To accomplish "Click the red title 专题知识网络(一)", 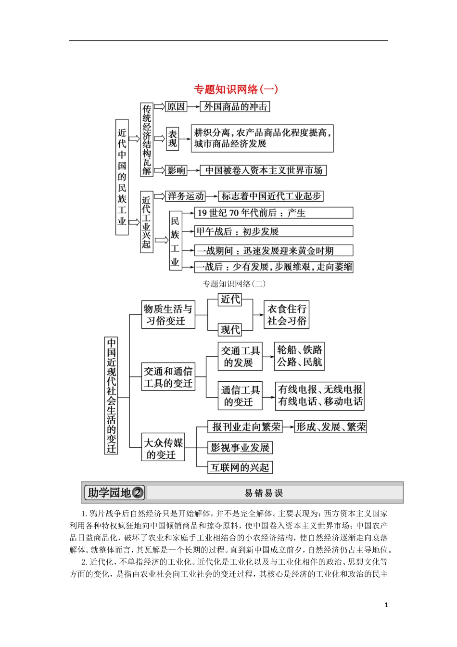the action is tap(236, 89).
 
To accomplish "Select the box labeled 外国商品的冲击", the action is tap(235, 106).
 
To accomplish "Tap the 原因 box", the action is tap(176, 106).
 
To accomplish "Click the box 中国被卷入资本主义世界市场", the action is tap(264, 170).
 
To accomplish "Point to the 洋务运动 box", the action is tap(186, 196).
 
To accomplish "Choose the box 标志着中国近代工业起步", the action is tap(271, 196).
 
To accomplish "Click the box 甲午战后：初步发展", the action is tap(273, 232).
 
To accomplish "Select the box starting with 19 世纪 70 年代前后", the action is tap(273, 213).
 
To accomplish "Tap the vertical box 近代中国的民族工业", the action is tap(122, 177).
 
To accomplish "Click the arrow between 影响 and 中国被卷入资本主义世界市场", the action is tap(193, 170).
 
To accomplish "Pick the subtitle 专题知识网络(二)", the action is tap(234, 284).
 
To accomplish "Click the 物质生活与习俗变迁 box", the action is tap(168, 315).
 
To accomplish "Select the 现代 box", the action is tap(230, 330).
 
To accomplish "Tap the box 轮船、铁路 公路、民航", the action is tap(299, 356).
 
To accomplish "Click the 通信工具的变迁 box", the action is tap(240, 396).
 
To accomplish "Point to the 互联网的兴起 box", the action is tap(240, 467).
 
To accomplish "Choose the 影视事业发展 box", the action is tap(240, 448).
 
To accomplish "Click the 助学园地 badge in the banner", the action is tap(114, 492).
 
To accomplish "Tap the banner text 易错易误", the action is tap(264, 493).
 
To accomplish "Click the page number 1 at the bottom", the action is tap(386, 605).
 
